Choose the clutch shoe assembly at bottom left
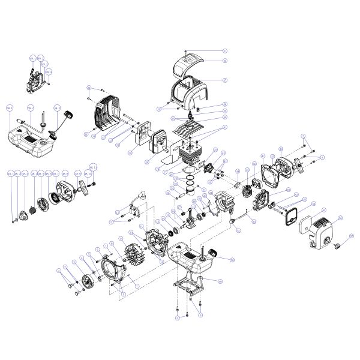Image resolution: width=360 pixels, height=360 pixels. pos(92,281)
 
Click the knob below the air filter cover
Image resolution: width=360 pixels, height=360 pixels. pos(337,246)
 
